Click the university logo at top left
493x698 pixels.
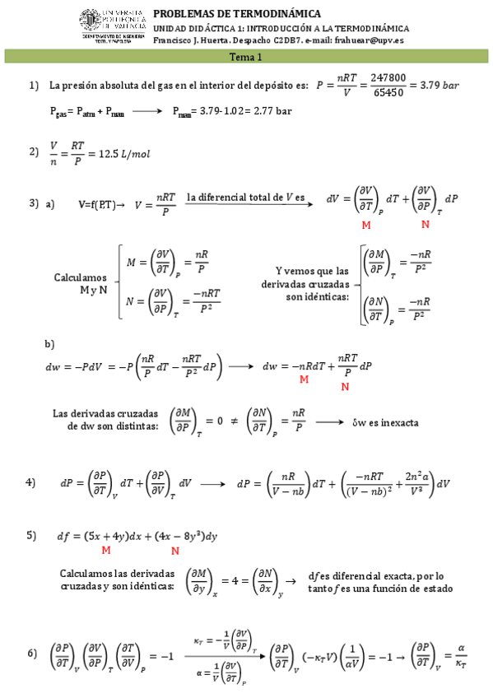[111, 26]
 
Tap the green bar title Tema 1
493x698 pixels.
[245, 57]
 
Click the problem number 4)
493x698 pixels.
[31, 482]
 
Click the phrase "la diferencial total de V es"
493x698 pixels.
[245, 197]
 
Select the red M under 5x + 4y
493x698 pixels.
[105, 550]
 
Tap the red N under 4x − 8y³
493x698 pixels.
[175, 550]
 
